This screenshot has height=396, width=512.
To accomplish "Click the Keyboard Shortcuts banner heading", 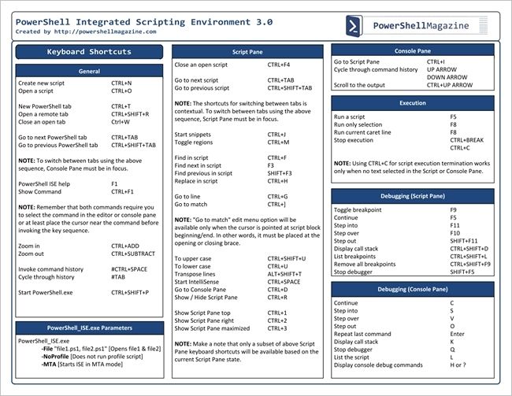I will (x=89, y=52).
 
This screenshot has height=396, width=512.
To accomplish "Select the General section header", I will (x=89, y=72).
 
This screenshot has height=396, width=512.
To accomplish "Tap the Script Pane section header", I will (x=247, y=51).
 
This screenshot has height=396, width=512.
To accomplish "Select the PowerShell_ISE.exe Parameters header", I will (x=89, y=328).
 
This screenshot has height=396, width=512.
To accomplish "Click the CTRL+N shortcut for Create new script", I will (x=121, y=83).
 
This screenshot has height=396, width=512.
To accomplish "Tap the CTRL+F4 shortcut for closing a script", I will (x=279, y=65).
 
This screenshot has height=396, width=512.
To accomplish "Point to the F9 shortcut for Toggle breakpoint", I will (x=453, y=210).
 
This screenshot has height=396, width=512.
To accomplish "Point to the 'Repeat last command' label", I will (x=362, y=334).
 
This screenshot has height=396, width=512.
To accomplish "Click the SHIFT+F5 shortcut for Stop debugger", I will (x=462, y=272).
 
